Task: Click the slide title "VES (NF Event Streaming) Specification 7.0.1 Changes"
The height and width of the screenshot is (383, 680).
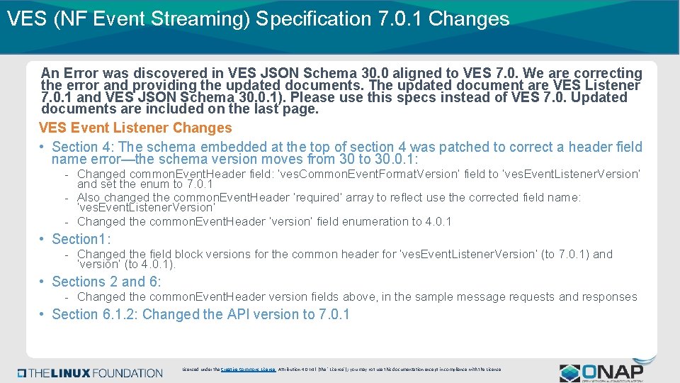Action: [258, 19]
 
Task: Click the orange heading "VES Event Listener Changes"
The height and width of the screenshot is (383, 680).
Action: [135, 128]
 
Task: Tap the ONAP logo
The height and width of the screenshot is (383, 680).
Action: [601, 372]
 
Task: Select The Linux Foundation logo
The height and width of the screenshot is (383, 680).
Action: [91, 372]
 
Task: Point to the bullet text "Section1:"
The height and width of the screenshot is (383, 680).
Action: [81, 239]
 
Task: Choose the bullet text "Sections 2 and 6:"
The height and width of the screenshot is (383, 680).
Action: [107, 282]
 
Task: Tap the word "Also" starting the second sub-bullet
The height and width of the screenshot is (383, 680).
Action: [89, 197]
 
